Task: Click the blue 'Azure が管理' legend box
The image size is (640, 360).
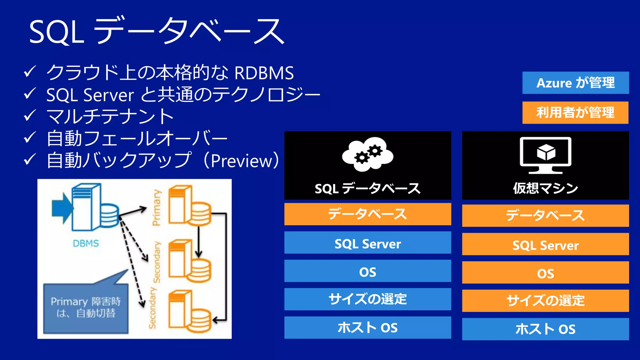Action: pos(575,83)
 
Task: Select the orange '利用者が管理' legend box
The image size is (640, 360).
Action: pos(575,112)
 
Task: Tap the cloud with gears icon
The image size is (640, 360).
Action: pos(367,154)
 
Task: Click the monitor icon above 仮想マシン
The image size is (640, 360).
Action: pos(545,155)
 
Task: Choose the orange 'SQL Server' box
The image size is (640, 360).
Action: pos(545,244)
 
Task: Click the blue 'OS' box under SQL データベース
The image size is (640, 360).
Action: pos(367,271)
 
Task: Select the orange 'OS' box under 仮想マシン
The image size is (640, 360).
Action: pos(545,273)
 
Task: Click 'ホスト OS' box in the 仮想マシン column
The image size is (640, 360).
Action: pos(545,329)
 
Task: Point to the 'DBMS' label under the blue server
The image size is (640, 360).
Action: pos(86,243)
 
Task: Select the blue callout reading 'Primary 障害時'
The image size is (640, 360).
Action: pos(86,308)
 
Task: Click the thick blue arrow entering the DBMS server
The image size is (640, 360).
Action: pos(62,208)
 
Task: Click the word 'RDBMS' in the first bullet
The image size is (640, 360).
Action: pos(264,73)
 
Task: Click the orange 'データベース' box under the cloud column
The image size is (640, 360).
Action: pos(367,214)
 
